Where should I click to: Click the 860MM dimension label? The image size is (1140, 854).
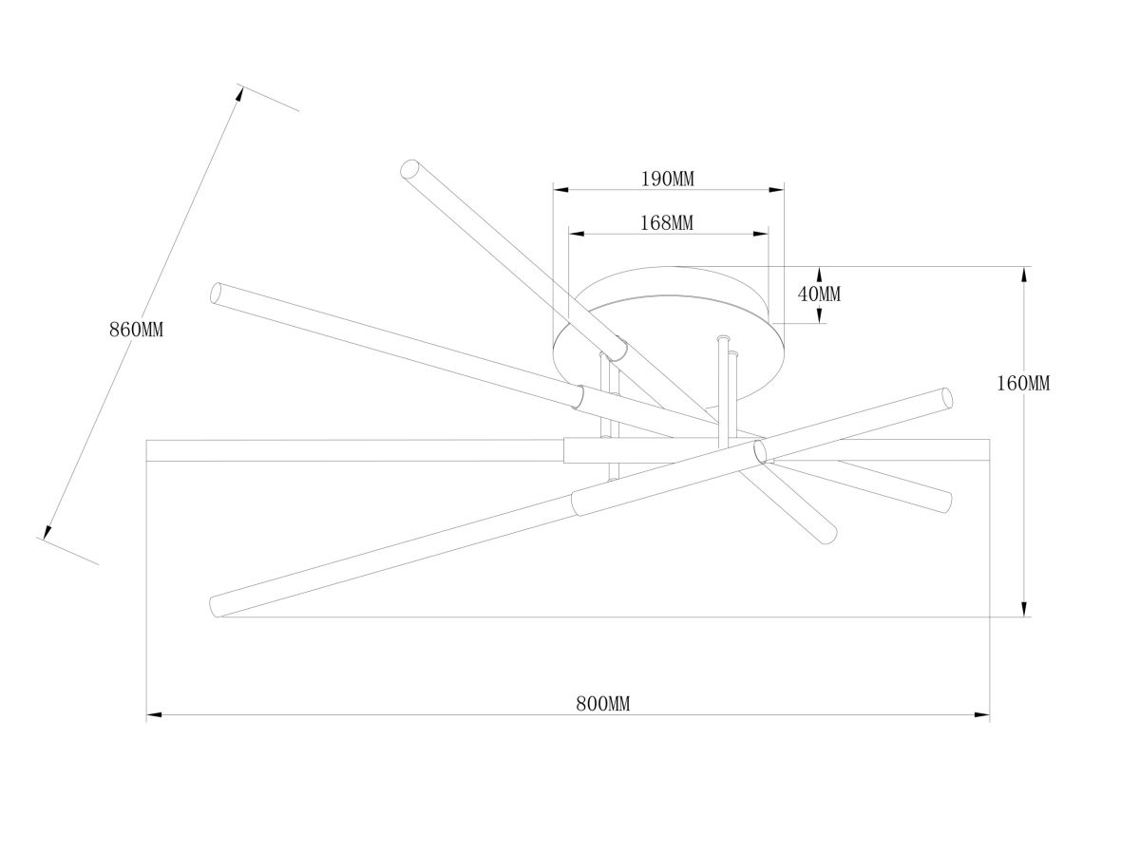click(136, 330)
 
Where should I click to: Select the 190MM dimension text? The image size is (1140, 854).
click(668, 180)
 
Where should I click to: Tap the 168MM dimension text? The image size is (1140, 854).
click(666, 223)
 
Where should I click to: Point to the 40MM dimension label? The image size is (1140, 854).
click(819, 294)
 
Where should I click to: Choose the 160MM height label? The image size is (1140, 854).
click(1022, 384)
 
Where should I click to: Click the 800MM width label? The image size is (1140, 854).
click(602, 704)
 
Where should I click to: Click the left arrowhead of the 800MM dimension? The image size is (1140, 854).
click(154, 715)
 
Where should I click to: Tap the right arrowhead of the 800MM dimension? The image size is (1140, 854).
click(982, 715)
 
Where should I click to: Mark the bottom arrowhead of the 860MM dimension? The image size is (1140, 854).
click(47, 532)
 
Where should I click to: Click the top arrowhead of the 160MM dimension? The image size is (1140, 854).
click(1024, 275)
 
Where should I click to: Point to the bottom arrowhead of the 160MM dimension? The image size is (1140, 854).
click(1024, 609)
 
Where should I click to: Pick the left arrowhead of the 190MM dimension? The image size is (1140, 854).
click(560, 190)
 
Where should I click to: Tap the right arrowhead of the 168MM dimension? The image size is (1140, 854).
click(761, 234)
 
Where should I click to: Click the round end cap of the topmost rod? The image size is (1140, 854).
click(409, 169)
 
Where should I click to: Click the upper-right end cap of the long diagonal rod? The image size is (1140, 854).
click(948, 398)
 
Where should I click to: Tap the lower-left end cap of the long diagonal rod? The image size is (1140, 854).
click(215, 605)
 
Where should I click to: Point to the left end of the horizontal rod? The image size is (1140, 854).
click(147, 450)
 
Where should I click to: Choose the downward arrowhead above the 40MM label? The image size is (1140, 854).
click(819, 275)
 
